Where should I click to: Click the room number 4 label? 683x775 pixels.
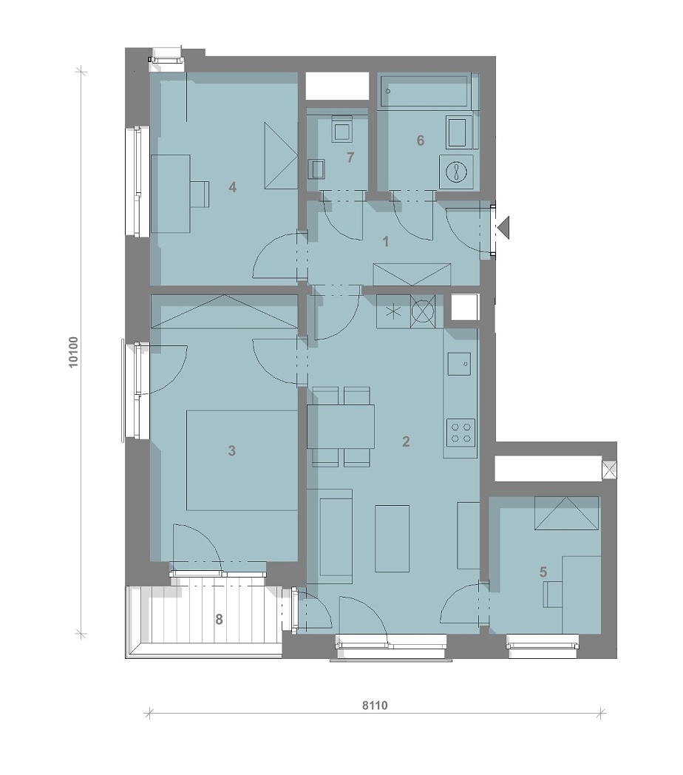232,187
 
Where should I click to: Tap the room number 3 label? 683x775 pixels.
232,451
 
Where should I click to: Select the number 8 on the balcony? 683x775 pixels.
219,619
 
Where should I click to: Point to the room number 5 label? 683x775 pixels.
543,572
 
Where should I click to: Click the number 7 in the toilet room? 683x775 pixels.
350,158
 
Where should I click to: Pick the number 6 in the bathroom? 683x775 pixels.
420,141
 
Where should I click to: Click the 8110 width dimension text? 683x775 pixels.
375,705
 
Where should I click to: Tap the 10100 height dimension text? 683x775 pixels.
73,352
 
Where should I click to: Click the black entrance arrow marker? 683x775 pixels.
503,228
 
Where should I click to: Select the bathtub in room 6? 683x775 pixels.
424,91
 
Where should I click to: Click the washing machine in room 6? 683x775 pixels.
455,172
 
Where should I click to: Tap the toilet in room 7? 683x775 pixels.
341,129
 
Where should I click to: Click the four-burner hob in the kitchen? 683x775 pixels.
461,432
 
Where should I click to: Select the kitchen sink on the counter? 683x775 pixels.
460,365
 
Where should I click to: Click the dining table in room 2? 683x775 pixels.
341,427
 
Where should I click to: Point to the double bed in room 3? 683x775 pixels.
242,460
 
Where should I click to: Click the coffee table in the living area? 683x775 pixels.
392,538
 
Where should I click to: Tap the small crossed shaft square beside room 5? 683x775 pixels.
609,470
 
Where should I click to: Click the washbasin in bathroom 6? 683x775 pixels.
459,132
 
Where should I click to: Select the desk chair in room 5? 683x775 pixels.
553,594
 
